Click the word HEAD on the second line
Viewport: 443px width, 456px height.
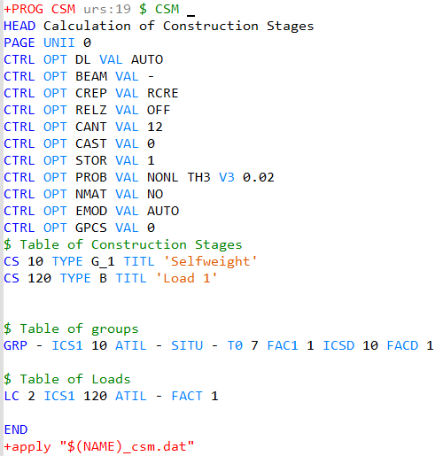[x=19, y=26]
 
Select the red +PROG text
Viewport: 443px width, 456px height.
[x=24, y=9]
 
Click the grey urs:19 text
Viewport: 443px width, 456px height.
[x=107, y=9]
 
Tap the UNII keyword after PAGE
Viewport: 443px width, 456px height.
[x=59, y=43]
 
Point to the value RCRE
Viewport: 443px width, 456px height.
[x=163, y=93]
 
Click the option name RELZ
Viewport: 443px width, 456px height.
[x=91, y=110]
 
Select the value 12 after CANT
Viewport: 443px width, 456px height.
[x=155, y=127]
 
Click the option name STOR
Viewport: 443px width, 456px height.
[x=91, y=160]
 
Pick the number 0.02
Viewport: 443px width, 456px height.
[x=259, y=177]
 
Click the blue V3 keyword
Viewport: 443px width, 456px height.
[x=227, y=177]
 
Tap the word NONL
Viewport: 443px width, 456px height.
[x=163, y=177]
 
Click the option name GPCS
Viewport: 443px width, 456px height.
[x=91, y=228]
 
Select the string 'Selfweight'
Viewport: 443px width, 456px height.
[x=211, y=261]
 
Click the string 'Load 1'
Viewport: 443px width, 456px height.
[x=186, y=278]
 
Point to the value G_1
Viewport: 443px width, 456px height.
[x=103, y=262]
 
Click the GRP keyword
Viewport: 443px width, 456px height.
[x=15, y=345]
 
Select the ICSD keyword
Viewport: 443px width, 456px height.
[x=338, y=345]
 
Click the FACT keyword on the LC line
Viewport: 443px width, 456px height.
[x=187, y=396]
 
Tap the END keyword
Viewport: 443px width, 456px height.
[x=16, y=429]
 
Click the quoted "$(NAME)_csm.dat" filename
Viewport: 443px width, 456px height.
[x=127, y=446]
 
